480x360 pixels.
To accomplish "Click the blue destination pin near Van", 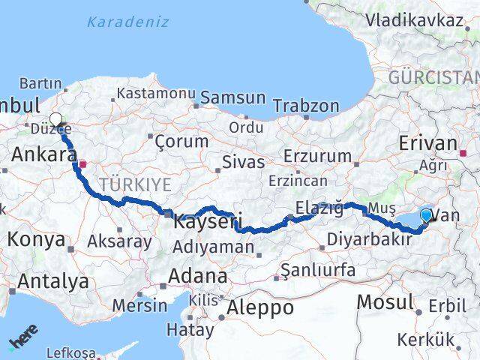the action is click(426, 216).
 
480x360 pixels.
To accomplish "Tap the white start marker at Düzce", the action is click(56, 118).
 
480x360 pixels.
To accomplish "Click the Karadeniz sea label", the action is click(127, 22).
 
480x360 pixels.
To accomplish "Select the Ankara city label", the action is click(43, 155).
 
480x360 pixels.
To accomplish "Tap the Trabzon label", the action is click(306, 106).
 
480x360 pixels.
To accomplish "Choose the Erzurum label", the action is click(318, 156).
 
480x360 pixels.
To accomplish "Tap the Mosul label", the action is click(385, 301).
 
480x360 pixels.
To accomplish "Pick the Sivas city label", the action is click(243, 162).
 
